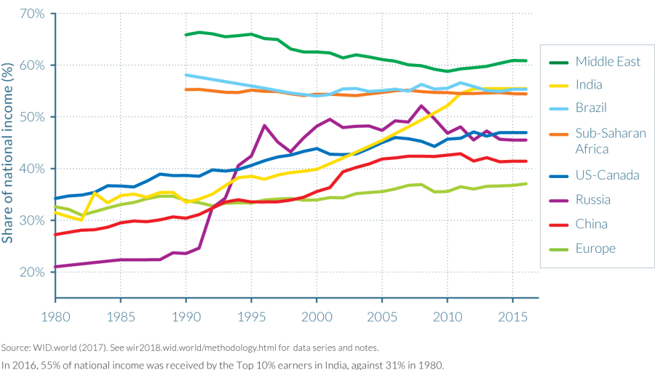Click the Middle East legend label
click(x=608, y=62)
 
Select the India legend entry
click(x=589, y=84)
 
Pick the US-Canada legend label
click(x=603, y=175)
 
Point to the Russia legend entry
click(x=593, y=200)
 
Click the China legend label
click(x=591, y=224)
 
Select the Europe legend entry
click(x=595, y=248)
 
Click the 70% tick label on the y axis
click(x=31, y=13)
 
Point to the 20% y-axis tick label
click(x=31, y=272)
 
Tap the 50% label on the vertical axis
click(x=31, y=117)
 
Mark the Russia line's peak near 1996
click(x=264, y=125)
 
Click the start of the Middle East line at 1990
click(x=185, y=35)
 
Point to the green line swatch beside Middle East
click(x=559, y=62)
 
